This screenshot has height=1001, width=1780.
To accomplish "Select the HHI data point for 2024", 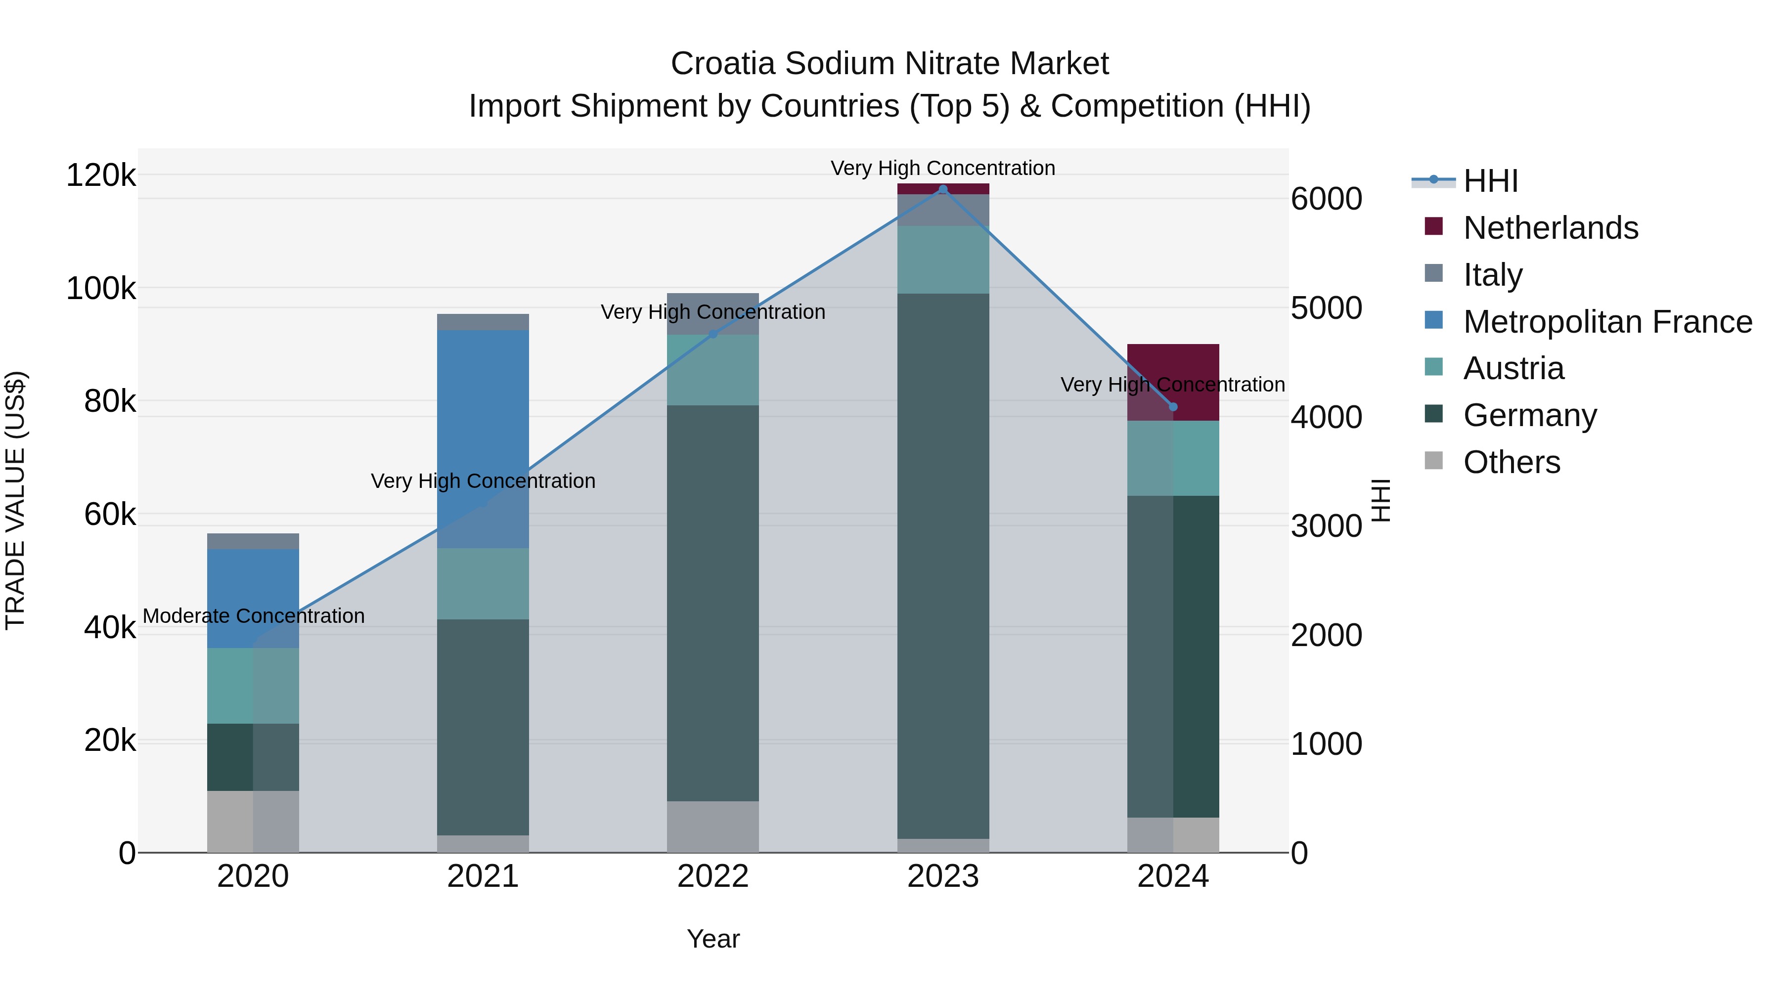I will (1173, 407).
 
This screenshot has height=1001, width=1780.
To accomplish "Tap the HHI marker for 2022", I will (713, 334).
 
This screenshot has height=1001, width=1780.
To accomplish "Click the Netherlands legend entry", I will (1550, 228).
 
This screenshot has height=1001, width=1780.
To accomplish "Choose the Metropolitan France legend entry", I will (1607, 322).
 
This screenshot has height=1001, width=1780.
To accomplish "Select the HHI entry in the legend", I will (1490, 181).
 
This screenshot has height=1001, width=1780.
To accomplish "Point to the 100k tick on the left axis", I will (101, 288).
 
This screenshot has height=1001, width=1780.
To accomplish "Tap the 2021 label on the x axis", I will (483, 876).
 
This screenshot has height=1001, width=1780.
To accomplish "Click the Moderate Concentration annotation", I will (254, 615).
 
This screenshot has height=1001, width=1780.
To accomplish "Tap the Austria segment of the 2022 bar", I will (713, 370).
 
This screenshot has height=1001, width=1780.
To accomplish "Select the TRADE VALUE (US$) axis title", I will (15, 500).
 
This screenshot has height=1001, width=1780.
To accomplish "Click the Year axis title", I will (713, 939).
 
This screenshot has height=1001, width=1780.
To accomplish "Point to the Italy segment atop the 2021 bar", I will (483, 322).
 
